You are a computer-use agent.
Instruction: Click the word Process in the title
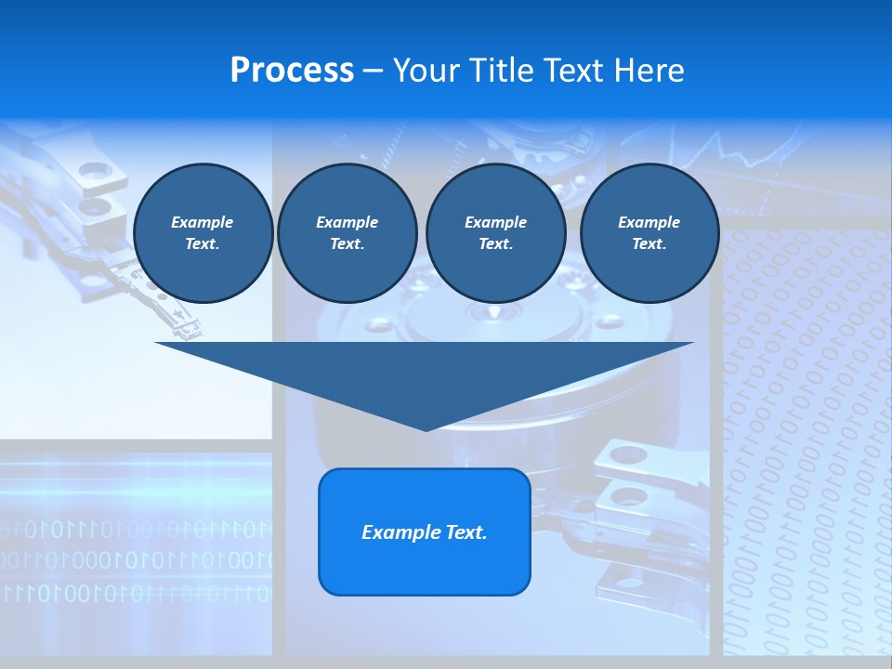(x=292, y=71)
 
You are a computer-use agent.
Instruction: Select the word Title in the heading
(x=506, y=71)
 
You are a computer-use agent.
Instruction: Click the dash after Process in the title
(x=374, y=72)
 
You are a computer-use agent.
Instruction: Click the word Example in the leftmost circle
(x=203, y=222)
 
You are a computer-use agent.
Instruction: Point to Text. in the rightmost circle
(x=649, y=243)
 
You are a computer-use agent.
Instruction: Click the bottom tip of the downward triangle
(x=426, y=428)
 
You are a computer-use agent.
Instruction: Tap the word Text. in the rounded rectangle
(x=466, y=532)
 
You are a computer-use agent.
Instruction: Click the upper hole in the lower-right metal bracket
(x=629, y=455)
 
